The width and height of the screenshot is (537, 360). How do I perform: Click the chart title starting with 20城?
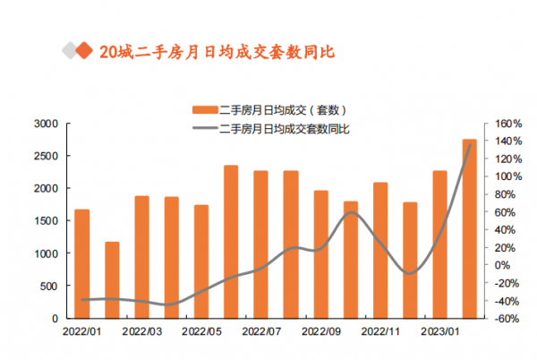click(217, 51)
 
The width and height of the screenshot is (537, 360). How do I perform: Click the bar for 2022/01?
click(81, 263)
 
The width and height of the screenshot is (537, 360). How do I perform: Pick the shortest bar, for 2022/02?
click(112, 279)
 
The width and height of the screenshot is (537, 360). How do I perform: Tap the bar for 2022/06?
click(231, 242)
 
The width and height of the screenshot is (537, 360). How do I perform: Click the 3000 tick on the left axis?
click(47, 124)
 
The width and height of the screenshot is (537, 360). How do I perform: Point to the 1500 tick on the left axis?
click(47, 220)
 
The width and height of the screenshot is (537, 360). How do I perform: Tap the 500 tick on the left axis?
click(50, 286)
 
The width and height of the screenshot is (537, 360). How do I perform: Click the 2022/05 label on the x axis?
click(200, 330)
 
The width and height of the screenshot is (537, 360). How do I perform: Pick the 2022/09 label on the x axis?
click(320, 330)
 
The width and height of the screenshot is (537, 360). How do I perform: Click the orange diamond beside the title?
click(86, 51)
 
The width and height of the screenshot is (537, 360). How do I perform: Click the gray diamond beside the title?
click(70, 51)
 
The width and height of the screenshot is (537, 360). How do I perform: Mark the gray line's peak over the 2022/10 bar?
click(351, 212)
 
